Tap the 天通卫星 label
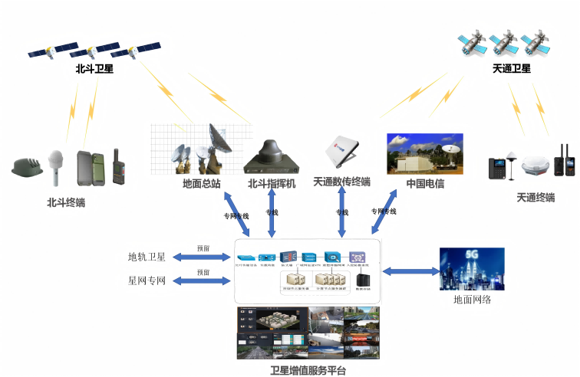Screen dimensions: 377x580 click(x=511, y=69)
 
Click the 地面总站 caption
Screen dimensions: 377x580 click(x=202, y=184)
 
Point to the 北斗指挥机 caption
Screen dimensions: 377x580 click(x=271, y=184)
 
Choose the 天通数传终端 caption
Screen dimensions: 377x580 click(x=342, y=182)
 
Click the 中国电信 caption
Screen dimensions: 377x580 click(x=425, y=184)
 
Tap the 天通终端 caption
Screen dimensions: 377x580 click(x=536, y=197)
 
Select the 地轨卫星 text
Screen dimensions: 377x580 click(x=147, y=257)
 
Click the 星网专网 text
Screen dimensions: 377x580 click(x=147, y=280)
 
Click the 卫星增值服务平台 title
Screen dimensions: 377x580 click(x=308, y=371)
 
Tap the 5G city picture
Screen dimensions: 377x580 click(x=471, y=269)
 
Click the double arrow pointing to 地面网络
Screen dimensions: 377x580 click(x=410, y=270)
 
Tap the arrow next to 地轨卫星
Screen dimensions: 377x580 click(x=203, y=257)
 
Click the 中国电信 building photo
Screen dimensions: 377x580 click(x=424, y=153)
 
